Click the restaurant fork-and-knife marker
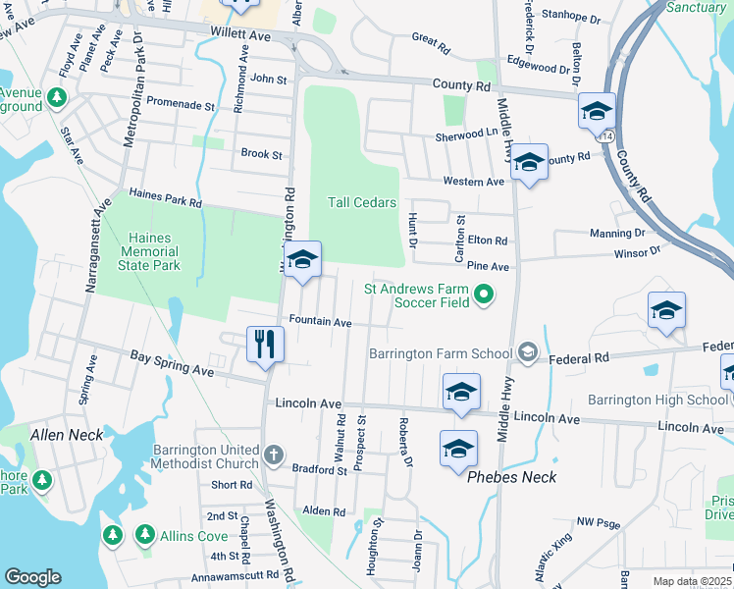click(265, 344)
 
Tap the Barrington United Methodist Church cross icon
click(274, 455)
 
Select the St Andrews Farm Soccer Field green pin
click(483, 294)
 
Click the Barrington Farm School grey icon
click(528, 352)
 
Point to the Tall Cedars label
click(361, 203)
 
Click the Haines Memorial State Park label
click(149, 251)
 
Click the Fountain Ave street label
click(320, 322)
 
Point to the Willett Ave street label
click(239, 34)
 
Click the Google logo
click(33, 577)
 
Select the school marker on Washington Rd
click(303, 261)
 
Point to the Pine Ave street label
click(488, 266)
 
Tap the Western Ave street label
click(473, 182)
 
